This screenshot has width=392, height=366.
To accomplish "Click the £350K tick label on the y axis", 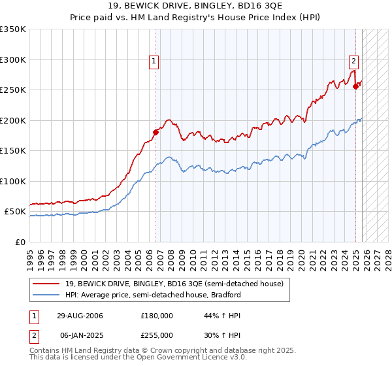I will click(13, 29).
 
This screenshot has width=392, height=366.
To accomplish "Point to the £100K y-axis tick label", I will click(13, 181).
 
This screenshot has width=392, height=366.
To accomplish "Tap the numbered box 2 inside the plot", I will click(353, 61).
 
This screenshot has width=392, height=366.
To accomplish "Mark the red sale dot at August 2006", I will click(155, 133).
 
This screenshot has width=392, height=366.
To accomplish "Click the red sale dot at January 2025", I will click(355, 86).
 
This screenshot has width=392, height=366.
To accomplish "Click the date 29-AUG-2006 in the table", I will click(80, 316).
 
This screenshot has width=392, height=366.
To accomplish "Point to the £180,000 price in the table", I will click(157, 316).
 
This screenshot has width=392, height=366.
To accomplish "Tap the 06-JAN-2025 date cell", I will click(80, 335).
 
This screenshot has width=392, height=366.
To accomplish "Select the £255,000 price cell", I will click(157, 335).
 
